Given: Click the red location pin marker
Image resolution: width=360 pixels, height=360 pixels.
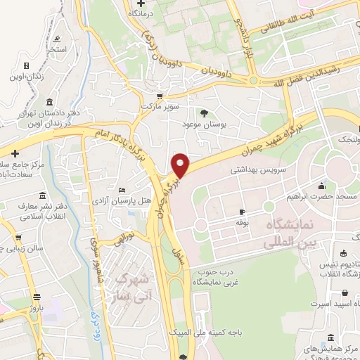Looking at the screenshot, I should (181, 165).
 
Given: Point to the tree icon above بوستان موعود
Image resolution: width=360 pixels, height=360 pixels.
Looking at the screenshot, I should (205, 112).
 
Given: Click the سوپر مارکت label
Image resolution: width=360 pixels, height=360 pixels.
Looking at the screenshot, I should (160, 106).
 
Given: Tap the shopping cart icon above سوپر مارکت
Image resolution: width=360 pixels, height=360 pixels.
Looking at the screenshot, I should (160, 96).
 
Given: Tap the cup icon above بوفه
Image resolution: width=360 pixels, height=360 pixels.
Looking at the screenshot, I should (243, 212).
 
